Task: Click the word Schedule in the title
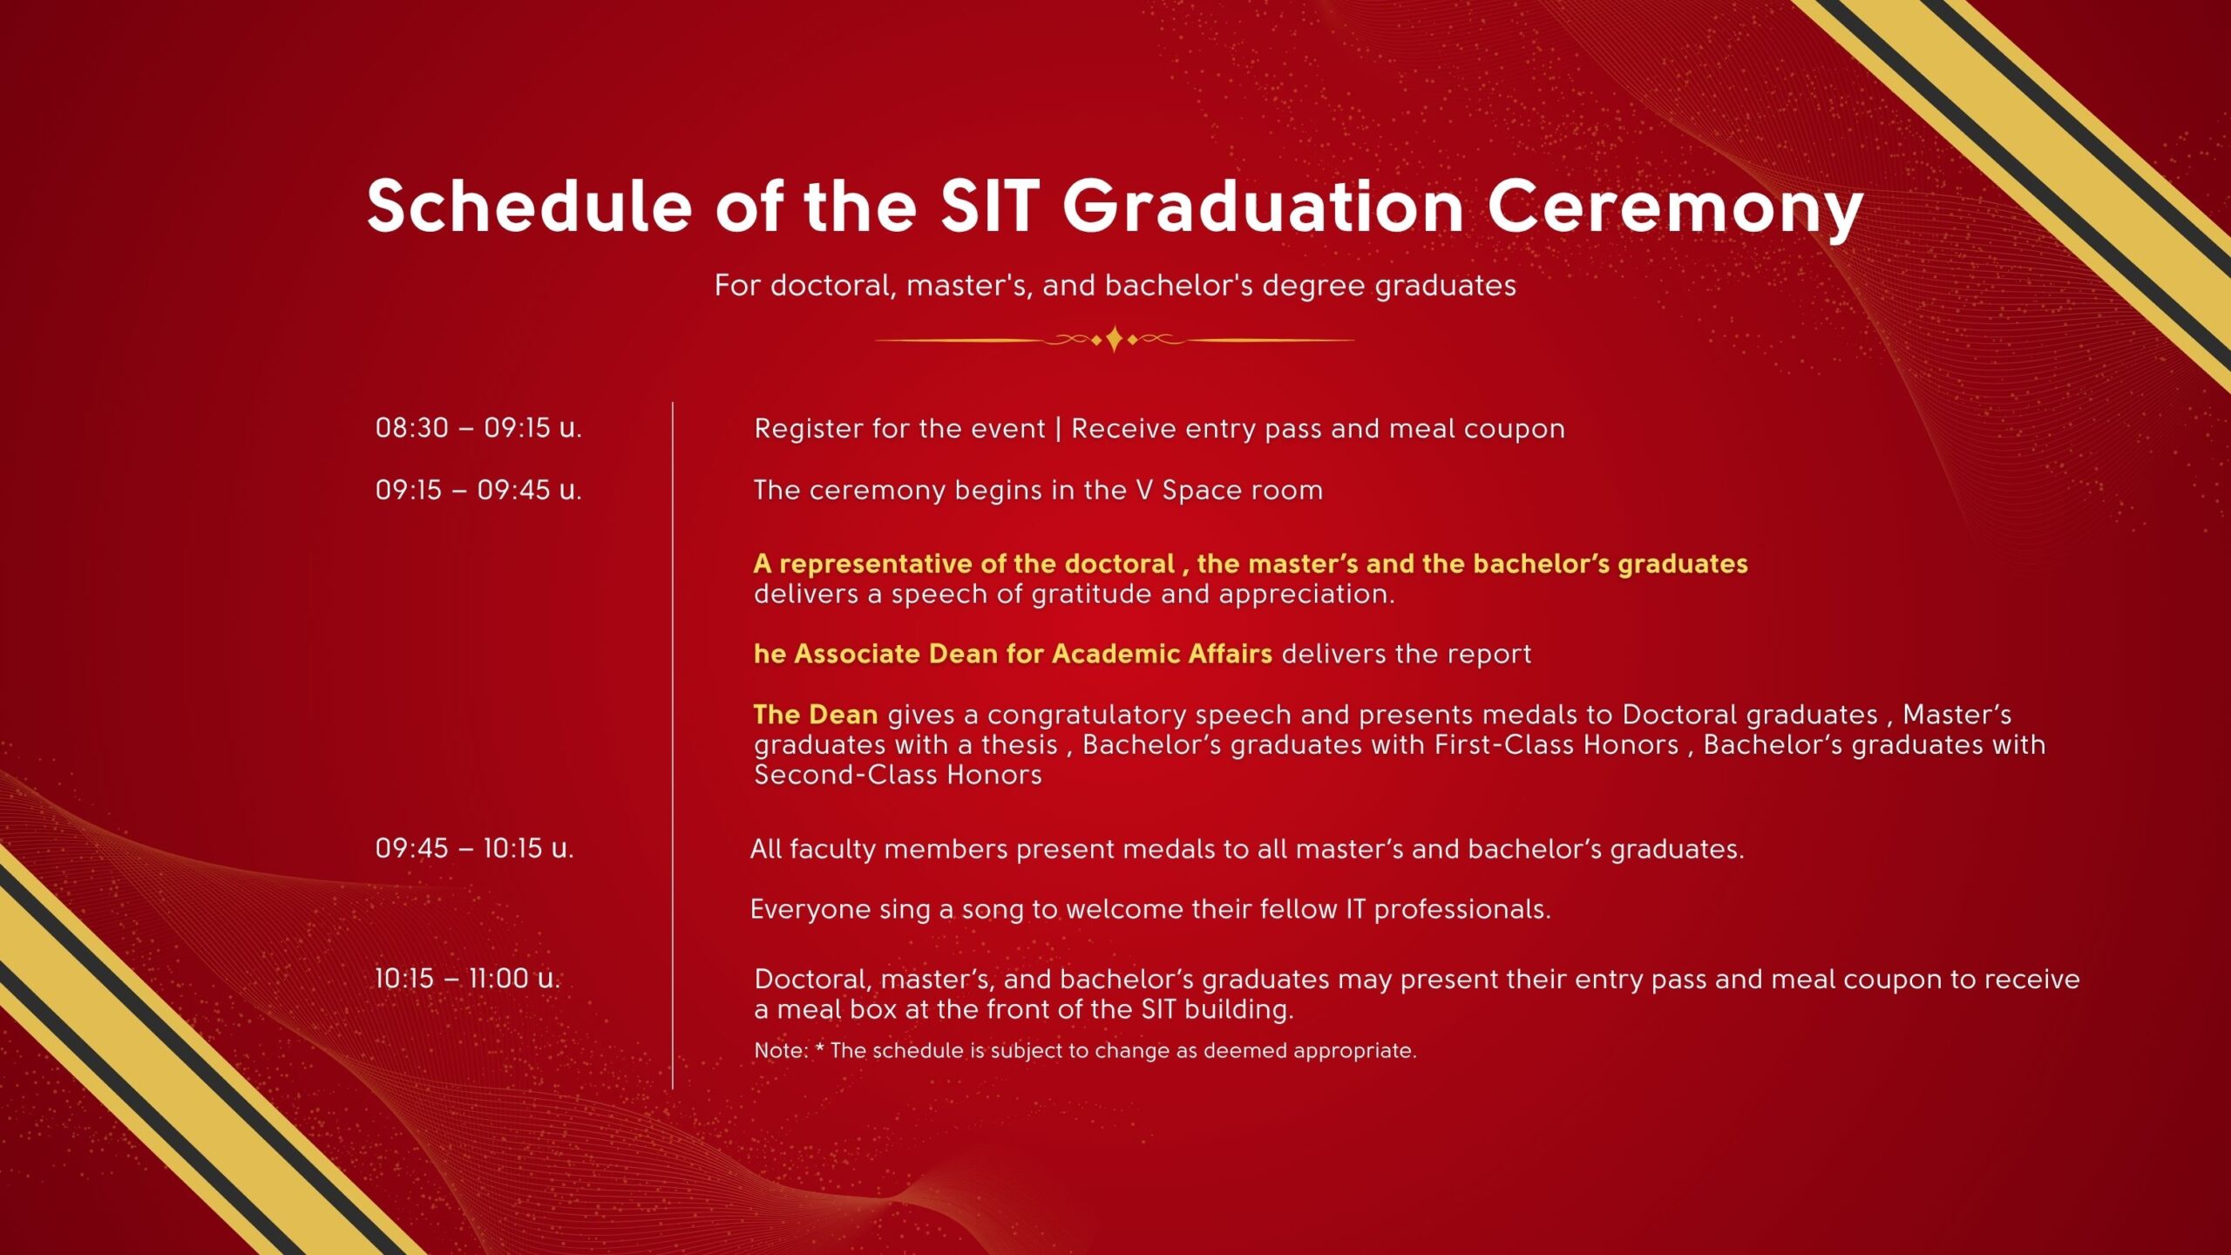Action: [530, 207]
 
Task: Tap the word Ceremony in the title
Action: [1675, 209]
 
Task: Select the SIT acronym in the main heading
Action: [990, 207]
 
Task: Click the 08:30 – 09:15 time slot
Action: [478, 428]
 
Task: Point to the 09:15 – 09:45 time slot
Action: [478, 490]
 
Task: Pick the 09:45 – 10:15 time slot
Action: [475, 848]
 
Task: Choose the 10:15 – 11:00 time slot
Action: [468, 978]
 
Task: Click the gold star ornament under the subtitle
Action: [1115, 339]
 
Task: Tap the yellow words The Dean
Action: [816, 715]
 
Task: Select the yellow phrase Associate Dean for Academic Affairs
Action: [1034, 654]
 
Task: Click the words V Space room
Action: [1230, 491]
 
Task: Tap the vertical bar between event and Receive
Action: [1058, 429]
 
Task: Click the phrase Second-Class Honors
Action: [898, 775]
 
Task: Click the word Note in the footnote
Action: [781, 1050]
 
